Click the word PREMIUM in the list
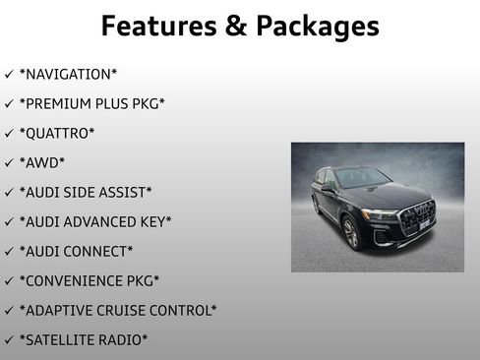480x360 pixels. [x=56, y=103]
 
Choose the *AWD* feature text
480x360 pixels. [x=42, y=162]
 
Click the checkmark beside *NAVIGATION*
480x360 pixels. [x=9, y=74]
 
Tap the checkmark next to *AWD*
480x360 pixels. [x=9, y=162]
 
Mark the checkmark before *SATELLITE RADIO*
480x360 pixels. [x=9, y=339]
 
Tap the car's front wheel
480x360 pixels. [x=351, y=234]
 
